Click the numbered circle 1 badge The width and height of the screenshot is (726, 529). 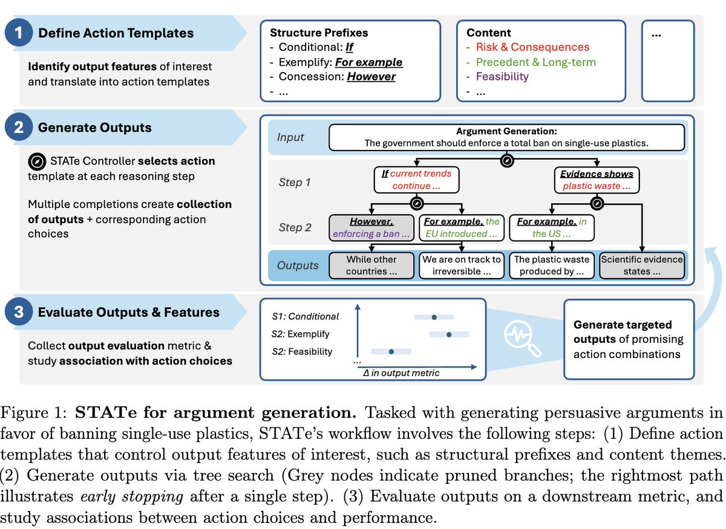tap(19, 33)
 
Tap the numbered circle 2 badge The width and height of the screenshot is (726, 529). tap(19, 128)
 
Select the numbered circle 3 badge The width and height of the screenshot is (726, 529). tap(19, 312)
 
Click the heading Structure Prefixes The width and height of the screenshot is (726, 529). tap(319, 33)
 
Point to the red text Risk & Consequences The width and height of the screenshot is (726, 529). tap(532, 47)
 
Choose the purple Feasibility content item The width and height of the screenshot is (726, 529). tap(502, 76)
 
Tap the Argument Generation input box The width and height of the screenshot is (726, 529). tap(507, 137)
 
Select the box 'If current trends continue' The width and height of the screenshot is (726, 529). tap(417, 180)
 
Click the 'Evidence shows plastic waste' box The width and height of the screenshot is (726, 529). tap(597, 180)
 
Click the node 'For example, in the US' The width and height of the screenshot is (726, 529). tap(552, 227)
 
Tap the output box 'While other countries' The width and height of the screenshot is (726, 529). tap(371, 265)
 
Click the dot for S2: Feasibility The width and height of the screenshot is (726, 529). tap(391, 351)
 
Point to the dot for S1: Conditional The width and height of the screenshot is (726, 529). tap(434, 316)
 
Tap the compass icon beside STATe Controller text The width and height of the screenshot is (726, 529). tap(36, 161)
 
